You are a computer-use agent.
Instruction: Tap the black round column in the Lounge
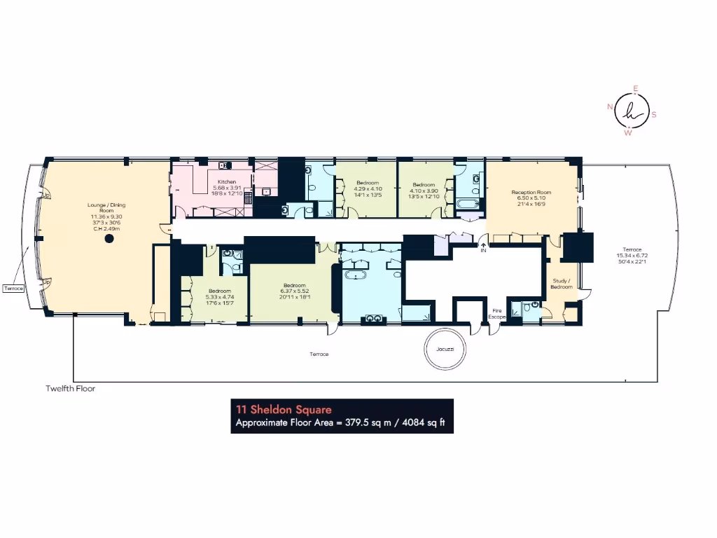(109, 239)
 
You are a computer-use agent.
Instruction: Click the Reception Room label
(531, 192)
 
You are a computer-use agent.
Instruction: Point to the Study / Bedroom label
(562, 284)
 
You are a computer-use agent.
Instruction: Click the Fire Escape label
(496, 314)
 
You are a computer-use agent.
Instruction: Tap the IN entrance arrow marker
(482, 247)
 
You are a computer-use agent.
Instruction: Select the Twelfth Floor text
(70, 388)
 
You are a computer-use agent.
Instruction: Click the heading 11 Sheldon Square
(284, 410)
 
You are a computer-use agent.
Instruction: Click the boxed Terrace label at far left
(14, 288)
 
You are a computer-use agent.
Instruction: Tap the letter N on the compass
(610, 106)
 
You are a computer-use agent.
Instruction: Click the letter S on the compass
(654, 114)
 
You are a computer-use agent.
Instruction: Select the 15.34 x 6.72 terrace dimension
(632, 256)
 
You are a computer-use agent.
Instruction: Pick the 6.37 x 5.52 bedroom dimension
(294, 291)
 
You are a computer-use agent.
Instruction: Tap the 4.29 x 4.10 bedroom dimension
(367, 188)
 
